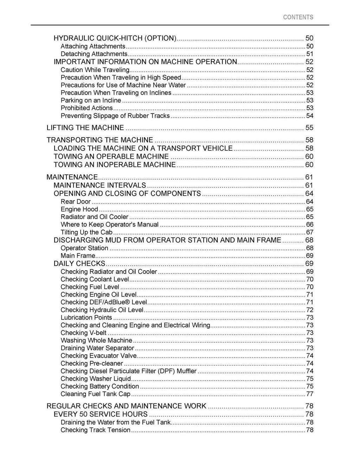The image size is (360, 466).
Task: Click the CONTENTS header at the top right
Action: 298,17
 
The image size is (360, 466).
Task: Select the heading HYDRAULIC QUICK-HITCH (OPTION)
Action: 115,38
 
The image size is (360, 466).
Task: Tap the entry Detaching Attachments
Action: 94,54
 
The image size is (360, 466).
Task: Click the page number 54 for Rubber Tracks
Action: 310,116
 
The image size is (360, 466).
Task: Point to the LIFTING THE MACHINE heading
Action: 85,128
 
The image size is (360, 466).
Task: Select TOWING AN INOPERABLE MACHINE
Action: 115,165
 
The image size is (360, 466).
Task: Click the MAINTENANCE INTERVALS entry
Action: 100,186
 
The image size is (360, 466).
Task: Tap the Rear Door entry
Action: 76,202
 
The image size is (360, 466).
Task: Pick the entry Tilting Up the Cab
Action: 86,232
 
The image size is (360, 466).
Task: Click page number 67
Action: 310,232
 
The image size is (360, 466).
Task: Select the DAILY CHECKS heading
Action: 79,264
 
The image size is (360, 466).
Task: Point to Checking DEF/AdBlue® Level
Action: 104,302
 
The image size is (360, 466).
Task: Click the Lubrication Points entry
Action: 86,318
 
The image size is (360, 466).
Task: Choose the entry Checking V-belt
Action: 84,333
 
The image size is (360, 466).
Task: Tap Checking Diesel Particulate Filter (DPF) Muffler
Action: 129,371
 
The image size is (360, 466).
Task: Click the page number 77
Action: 310,394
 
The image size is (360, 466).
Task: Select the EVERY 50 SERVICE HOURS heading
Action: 101,414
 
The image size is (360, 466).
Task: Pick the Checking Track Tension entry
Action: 95,430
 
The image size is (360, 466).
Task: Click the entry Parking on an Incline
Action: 91,101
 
